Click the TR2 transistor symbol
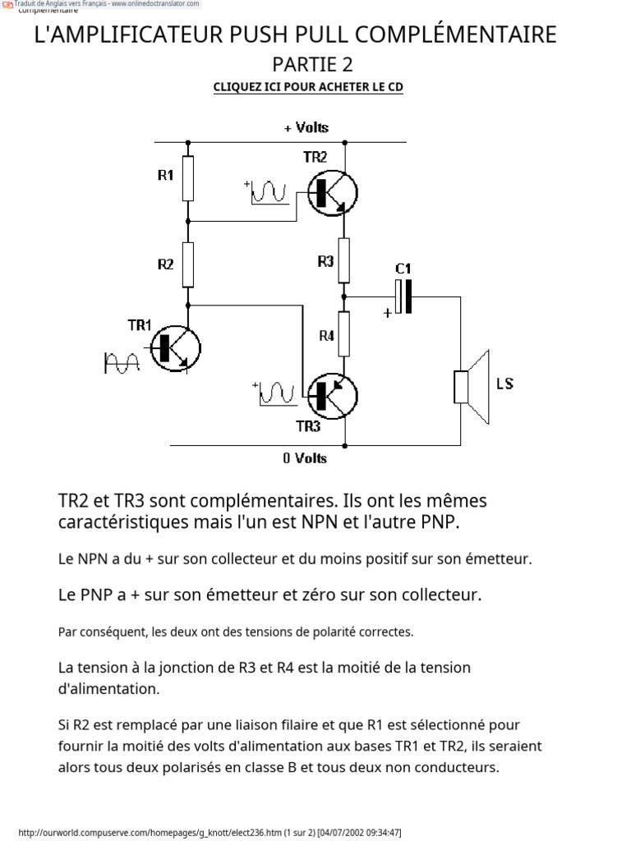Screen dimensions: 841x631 pos(333,191)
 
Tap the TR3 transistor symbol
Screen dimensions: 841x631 pos(331,396)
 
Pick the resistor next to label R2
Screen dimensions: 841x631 pos(188,264)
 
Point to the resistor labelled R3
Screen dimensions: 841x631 pos(345,260)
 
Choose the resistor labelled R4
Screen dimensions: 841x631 pos(345,333)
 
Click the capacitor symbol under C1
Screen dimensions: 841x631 pos(403,296)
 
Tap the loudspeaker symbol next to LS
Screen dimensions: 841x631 pos(472,387)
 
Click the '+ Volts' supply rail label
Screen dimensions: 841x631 pos(306,127)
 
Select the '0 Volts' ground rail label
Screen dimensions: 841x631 pos(305,458)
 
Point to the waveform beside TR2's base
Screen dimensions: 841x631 pos(268,192)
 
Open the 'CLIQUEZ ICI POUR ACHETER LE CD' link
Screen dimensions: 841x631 pos(308,87)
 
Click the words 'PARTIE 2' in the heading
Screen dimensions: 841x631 pos(312,64)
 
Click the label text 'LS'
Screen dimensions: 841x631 pos(504,384)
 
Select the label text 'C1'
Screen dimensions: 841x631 pos(403,269)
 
